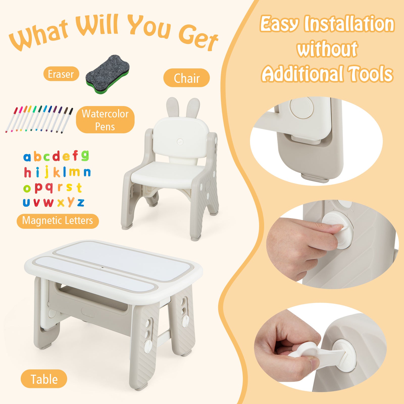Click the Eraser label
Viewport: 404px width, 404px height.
pos(61,74)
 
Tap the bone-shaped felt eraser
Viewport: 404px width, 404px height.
pos(108,74)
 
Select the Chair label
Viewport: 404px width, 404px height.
pos(187,78)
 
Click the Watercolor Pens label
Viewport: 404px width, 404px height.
pos(105,120)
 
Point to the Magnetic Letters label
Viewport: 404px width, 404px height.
pos(58,221)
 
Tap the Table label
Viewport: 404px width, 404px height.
pos(44,379)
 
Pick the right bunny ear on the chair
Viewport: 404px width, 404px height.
pos(193,108)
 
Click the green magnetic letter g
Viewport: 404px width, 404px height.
pos(85,156)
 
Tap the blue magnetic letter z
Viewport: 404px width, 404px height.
pos(81,203)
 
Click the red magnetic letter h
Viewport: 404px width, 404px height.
pos(28,172)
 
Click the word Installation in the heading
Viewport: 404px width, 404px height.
pos(349,24)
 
